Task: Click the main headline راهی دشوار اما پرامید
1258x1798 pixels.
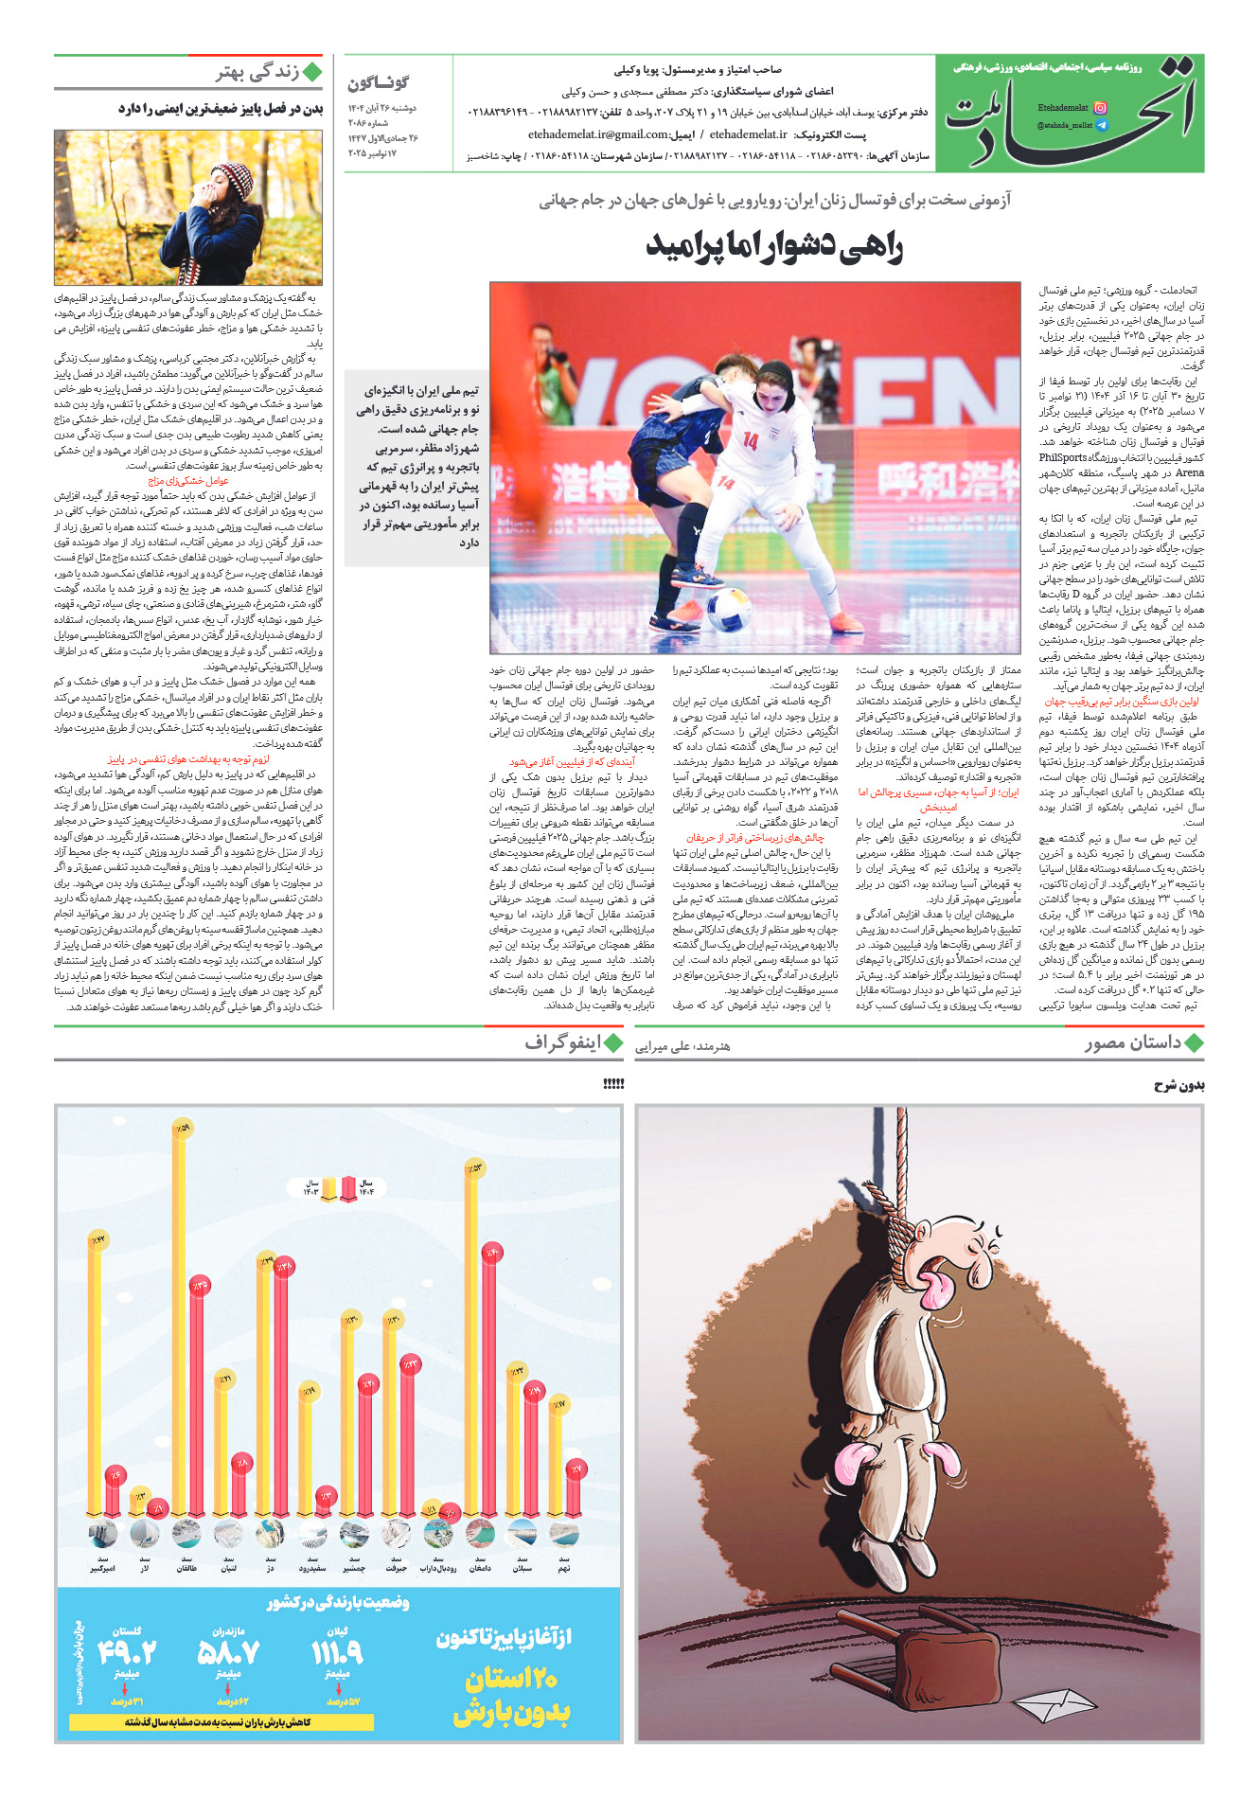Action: (773, 246)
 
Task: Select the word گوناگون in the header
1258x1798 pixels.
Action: (379, 83)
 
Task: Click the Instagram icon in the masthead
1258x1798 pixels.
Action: (1100, 108)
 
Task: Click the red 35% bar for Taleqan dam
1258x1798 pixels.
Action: (198, 1401)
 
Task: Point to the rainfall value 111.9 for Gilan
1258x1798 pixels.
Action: (338, 1652)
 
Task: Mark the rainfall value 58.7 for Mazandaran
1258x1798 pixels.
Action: (228, 1652)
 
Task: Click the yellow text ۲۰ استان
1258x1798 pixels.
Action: (511, 1679)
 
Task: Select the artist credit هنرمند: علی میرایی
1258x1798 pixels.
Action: (682, 1046)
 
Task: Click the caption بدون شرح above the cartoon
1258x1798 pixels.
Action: (1178, 1085)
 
